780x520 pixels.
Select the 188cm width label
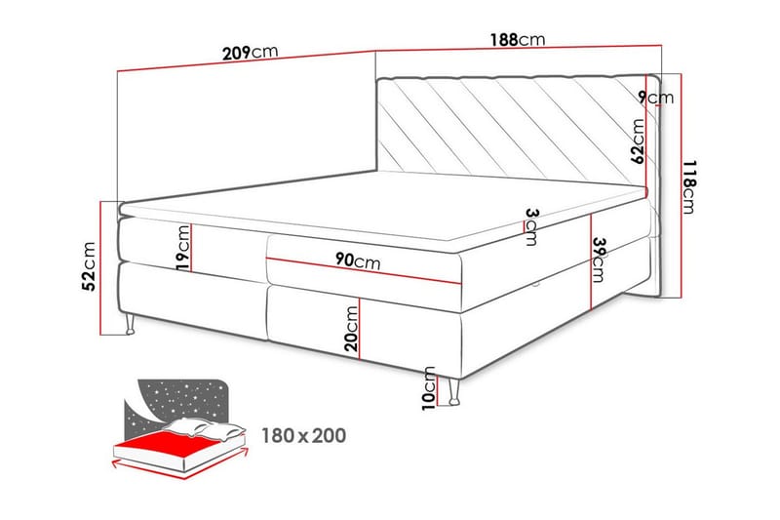coord(516,41)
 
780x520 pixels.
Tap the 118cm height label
coord(689,186)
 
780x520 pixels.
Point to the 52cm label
coord(89,267)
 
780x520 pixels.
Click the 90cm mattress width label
coord(357,261)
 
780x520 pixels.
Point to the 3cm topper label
coord(530,226)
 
